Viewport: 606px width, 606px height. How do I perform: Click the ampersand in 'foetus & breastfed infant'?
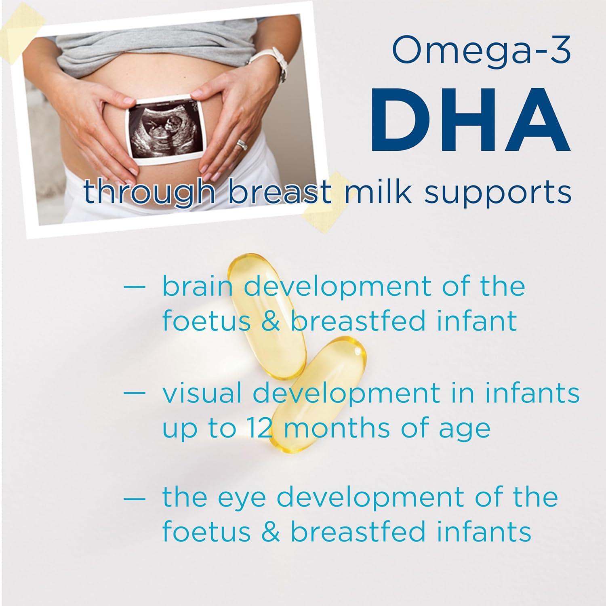(x=271, y=321)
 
